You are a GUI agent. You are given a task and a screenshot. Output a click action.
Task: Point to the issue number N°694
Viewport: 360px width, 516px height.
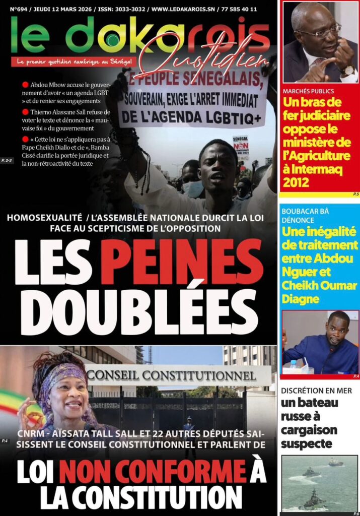[x=20, y=9]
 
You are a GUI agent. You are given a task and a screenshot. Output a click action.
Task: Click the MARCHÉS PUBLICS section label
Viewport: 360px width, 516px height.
[x=308, y=92]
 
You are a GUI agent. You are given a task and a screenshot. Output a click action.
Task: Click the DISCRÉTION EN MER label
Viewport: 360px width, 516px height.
[x=316, y=391]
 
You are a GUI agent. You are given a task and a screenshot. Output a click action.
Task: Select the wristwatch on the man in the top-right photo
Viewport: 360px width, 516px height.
[x=347, y=70]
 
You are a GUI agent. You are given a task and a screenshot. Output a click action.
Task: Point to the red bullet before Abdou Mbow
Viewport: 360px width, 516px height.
[x=25, y=85]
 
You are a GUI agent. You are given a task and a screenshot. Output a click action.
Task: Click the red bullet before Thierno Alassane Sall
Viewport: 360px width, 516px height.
[x=25, y=112]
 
